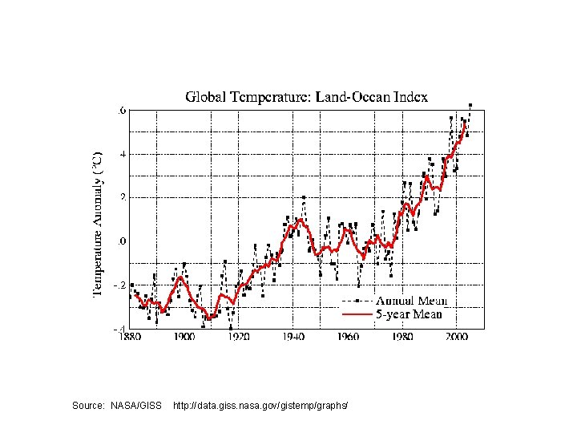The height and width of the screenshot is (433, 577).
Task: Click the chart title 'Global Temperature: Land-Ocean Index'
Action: point(307,97)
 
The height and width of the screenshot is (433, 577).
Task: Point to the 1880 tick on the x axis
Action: point(131,337)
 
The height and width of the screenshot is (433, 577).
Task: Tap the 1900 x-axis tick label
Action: point(185,337)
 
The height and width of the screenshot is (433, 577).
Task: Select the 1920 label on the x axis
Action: point(239,337)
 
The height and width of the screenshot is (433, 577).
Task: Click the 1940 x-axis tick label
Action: point(293,337)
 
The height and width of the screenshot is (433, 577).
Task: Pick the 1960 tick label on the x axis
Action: point(348,337)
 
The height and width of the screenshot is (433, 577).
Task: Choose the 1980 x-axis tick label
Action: point(402,337)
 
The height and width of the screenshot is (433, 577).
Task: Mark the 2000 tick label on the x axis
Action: point(457,337)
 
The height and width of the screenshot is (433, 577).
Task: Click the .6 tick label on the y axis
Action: point(122,110)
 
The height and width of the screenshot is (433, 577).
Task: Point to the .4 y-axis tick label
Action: point(122,153)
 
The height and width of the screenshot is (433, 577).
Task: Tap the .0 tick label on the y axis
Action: point(122,241)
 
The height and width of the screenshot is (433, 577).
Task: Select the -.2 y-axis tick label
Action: point(119,285)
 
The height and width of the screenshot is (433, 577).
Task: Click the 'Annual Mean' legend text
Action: point(410,301)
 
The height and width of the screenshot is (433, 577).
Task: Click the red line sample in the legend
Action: point(357,315)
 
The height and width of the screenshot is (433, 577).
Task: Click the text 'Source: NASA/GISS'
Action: point(117,407)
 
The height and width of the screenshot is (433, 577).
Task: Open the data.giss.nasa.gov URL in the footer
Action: point(260,407)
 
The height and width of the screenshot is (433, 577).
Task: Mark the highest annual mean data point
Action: point(470,104)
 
